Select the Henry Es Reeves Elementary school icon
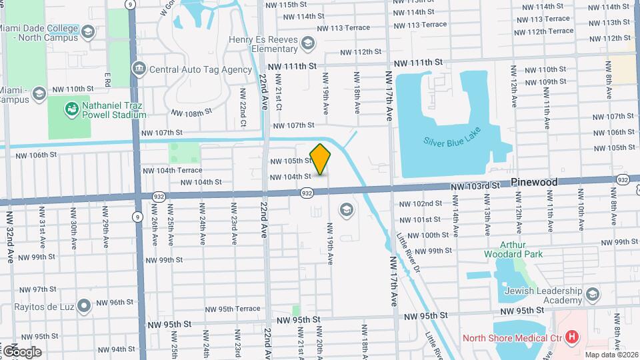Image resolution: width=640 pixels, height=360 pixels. (307, 44)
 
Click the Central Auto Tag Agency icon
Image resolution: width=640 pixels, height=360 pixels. (139, 69)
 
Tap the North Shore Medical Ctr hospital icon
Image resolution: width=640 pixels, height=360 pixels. (572, 337)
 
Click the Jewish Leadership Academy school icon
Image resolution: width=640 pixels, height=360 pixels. (592, 294)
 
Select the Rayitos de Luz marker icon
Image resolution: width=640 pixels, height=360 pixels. (83, 306)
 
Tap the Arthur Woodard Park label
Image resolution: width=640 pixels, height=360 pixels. (513, 249)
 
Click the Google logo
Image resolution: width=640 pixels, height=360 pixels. (22, 352)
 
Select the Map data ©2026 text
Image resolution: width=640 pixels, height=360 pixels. (609, 355)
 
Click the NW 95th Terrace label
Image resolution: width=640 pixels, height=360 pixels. (233, 309)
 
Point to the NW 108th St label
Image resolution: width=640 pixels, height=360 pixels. (191, 113)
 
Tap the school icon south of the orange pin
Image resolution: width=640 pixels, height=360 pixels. (346, 211)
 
